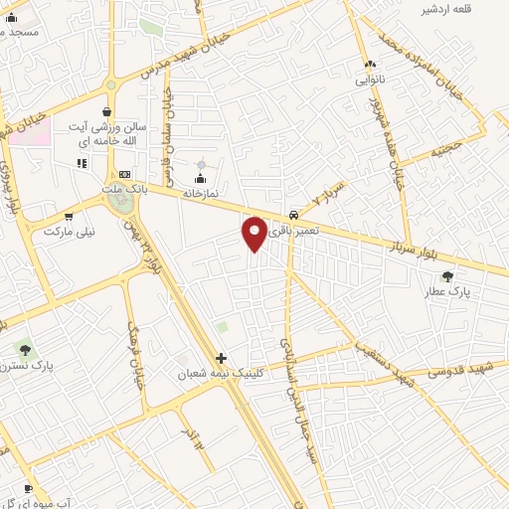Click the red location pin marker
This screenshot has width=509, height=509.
[254, 233]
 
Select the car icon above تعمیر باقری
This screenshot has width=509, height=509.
[293, 215]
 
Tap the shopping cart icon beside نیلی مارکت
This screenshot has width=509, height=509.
[69, 216]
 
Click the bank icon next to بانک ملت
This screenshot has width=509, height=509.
[124, 173]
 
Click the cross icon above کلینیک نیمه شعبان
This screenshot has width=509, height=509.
[221, 358]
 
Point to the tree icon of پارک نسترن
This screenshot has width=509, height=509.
[25, 349]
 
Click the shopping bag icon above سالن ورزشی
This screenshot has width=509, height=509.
[107, 112]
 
